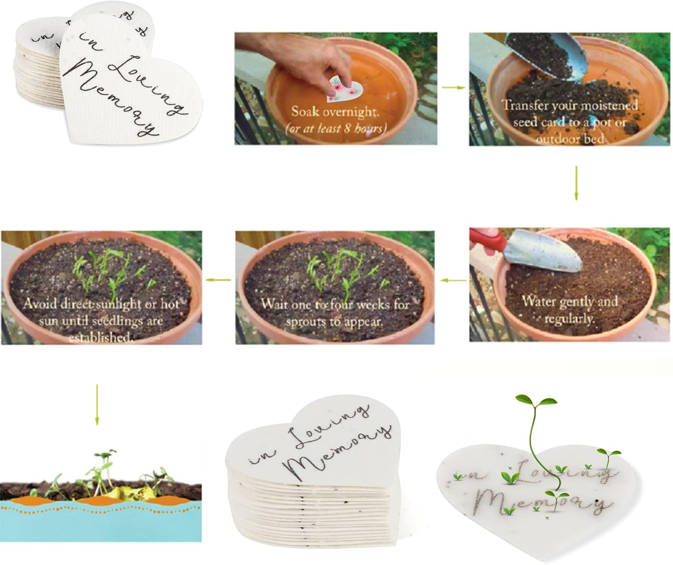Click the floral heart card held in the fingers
coord(345,89)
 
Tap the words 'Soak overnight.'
coord(335,112)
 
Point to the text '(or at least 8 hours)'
coord(336,128)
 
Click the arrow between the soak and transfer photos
coord(453,88)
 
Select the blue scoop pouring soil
coord(548,55)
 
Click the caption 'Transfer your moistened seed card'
coord(570,114)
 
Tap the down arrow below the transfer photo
coord(576,183)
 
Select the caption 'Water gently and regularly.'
coord(569,310)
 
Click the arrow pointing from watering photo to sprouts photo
coord(453,280)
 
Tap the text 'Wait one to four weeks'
coord(335,304)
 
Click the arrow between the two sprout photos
coord(218,280)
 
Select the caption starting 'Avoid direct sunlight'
coord(101,320)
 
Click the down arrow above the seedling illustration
coord(97,405)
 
